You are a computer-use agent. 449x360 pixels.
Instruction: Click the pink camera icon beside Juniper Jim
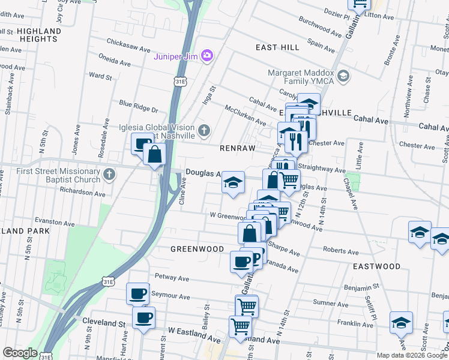(x=207, y=56)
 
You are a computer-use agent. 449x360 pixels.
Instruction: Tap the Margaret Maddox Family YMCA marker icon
(x=343, y=76)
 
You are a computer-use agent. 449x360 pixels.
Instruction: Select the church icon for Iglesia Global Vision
(x=204, y=130)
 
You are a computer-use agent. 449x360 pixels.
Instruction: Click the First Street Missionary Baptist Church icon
(x=109, y=175)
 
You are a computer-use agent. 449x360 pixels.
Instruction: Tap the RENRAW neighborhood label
(x=238, y=148)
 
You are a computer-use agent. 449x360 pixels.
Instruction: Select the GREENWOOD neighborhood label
(x=197, y=248)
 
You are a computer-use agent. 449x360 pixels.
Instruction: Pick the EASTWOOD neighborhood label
(x=376, y=266)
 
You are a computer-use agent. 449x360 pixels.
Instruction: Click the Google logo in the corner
(x=20, y=353)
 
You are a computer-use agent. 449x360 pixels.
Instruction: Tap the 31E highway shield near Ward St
(x=180, y=79)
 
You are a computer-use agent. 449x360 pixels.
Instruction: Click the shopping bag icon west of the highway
(x=155, y=154)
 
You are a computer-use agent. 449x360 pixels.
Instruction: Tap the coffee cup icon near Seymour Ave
(x=137, y=294)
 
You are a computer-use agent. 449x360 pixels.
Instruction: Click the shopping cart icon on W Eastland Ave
(x=240, y=327)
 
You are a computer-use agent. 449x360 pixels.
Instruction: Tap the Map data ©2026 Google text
(x=411, y=355)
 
